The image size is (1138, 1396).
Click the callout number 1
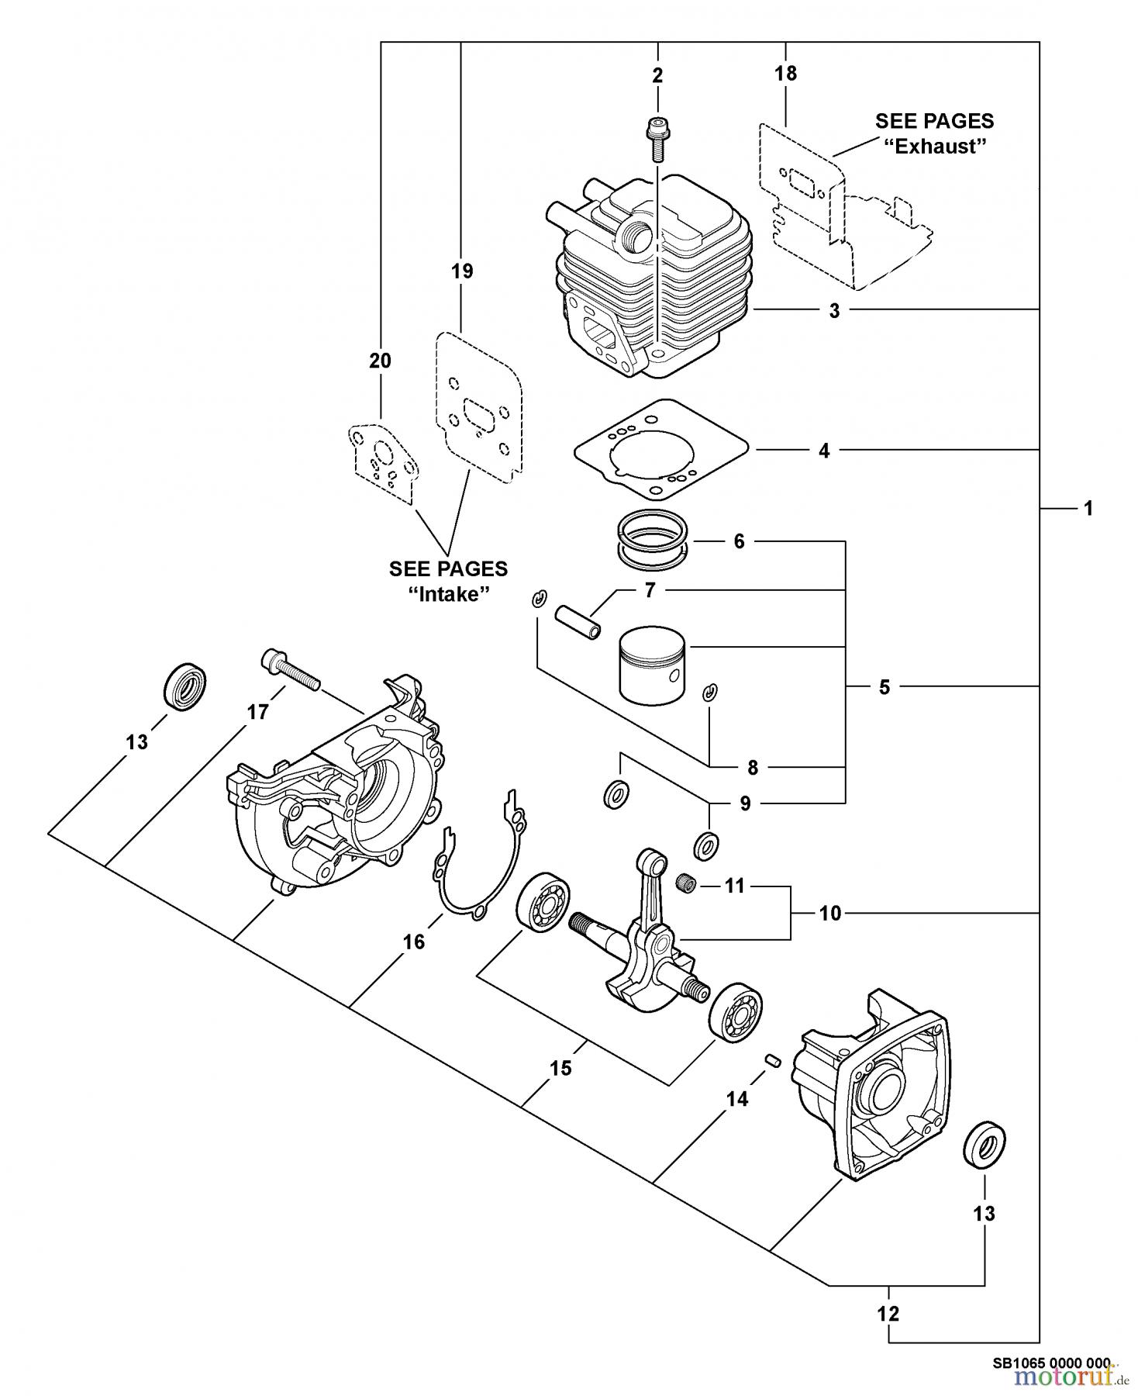(x=1088, y=508)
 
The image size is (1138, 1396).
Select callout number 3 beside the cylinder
(x=834, y=310)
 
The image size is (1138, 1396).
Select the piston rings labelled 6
(x=653, y=537)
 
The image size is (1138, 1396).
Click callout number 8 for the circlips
(x=752, y=768)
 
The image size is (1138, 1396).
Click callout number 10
(x=829, y=914)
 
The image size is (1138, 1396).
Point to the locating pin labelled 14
(x=772, y=1060)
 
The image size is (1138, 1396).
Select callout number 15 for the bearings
(x=560, y=1068)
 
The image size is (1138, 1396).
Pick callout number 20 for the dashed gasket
(x=380, y=361)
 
